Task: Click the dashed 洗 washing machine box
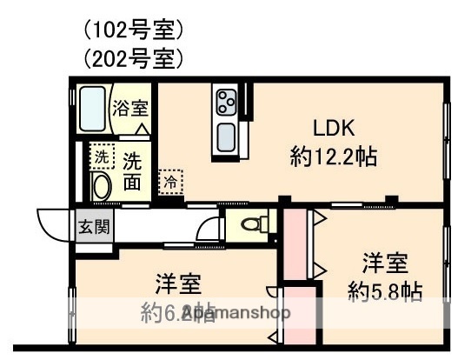pos(102,158)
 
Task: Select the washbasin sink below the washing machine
pos(101,187)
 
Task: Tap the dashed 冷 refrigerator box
pos(171,182)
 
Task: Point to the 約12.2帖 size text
pos(333,157)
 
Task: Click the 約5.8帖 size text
pos(384,291)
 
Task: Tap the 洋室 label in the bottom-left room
pos(179,284)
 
